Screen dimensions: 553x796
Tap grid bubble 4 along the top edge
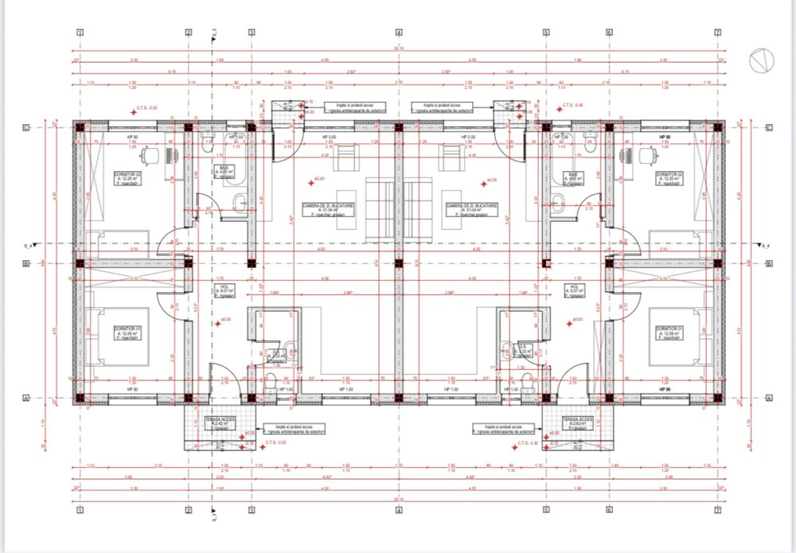click(399, 33)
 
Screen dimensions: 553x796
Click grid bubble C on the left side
click(26, 128)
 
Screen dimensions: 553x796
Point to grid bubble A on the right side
click(769, 397)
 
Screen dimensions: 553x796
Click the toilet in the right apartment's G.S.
click(527, 381)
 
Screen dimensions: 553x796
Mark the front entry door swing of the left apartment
click(220, 375)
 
